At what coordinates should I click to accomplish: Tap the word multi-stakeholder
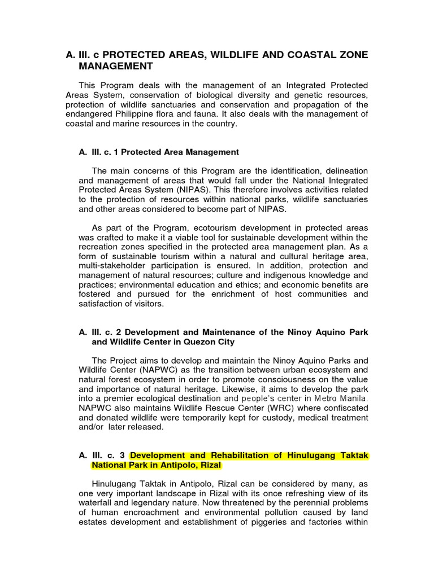(112, 265)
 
